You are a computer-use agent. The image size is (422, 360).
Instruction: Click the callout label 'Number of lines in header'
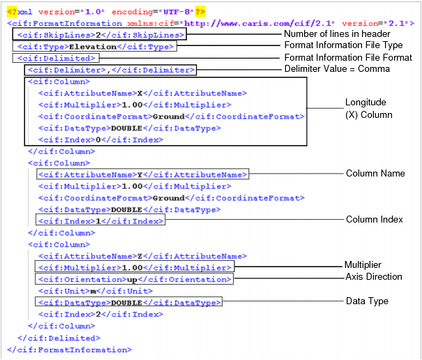[336, 34]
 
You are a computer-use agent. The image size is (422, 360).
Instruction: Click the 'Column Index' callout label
[375, 219]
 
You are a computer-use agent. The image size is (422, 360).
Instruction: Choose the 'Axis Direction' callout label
[374, 277]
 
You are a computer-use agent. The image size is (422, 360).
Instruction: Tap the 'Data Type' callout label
[367, 301]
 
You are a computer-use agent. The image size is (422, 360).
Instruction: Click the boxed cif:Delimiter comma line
[110, 70]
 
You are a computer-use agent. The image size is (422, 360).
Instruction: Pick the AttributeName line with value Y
[142, 174]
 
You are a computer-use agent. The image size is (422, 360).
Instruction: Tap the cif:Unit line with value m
[96, 291]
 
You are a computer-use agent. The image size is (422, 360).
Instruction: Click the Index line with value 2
[100, 315]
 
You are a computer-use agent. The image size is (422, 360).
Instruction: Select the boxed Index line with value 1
[100, 221]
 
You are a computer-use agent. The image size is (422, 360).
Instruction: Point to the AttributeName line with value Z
[142, 256]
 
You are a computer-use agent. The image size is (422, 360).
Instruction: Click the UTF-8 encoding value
[178, 12]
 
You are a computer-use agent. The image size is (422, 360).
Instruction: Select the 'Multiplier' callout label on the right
[363, 265]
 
